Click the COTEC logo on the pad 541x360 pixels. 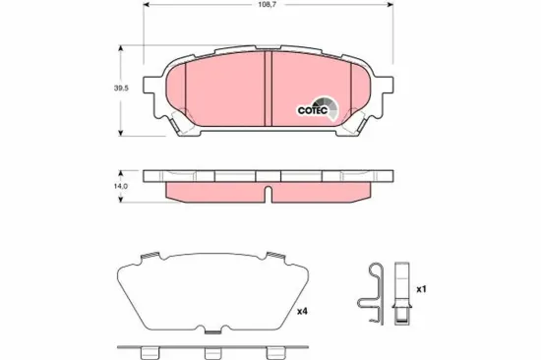316,108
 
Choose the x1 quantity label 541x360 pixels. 423,289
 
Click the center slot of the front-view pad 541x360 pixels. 270,90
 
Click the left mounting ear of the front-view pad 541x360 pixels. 156,90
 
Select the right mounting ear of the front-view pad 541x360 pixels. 383,90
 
